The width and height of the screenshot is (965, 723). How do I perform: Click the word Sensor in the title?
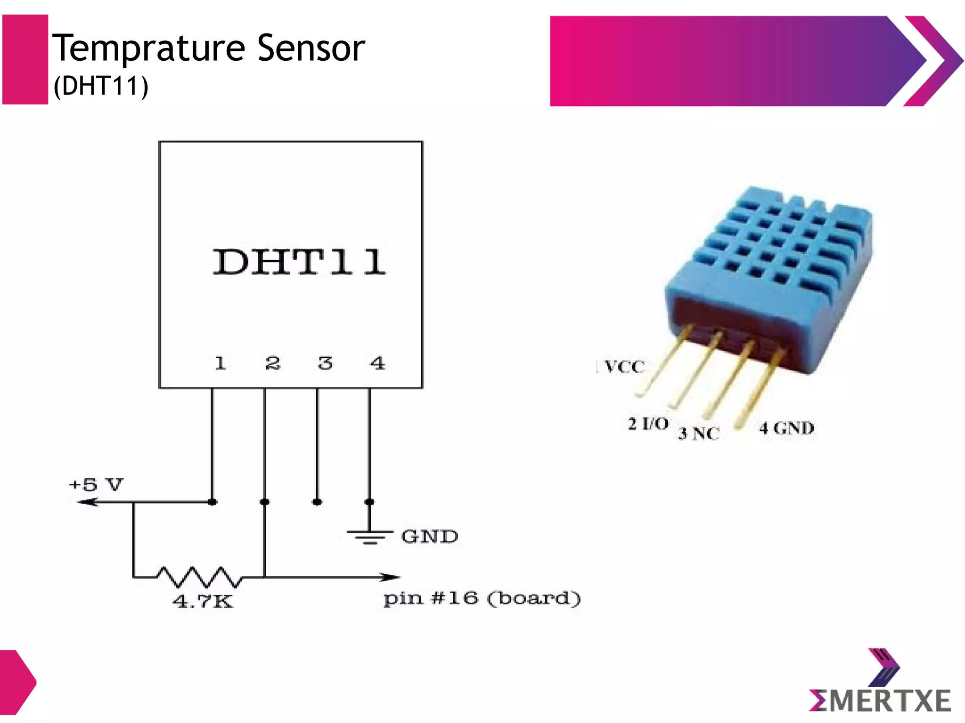[x=311, y=48]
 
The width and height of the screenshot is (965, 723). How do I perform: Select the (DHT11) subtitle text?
[x=101, y=86]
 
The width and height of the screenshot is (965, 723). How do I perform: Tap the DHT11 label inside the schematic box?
[x=300, y=262]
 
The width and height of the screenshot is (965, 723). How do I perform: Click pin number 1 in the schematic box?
[x=220, y=363]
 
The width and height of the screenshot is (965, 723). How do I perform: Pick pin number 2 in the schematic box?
[x=272, y=363]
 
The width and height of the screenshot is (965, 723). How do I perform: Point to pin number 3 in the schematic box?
[x=325, y=363]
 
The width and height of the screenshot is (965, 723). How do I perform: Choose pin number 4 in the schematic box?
[x=377, y=363]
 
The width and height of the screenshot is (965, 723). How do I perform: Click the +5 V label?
[x=96, y=484]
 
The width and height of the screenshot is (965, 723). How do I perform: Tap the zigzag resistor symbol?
[x=199, y=577]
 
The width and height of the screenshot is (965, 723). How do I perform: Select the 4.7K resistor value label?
[x=203, y=602]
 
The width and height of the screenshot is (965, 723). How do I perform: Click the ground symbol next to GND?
[x=370, y=536]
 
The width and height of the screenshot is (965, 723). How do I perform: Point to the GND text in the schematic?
[x=429, y=537]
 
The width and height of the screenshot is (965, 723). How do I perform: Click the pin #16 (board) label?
[x=482, y=599]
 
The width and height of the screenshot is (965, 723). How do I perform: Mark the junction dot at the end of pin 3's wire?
[x=317, y=502]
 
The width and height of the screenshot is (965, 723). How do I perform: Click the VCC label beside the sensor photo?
[x=623, y=367]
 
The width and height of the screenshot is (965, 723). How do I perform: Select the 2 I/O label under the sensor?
[x=648, y=424]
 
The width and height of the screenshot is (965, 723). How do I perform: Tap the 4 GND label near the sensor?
[x=786, y=428]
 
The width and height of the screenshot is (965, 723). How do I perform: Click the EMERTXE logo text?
[x=880, y=701]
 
